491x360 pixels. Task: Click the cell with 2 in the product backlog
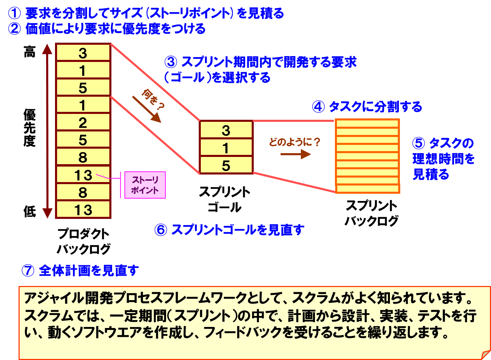pyautogui.click(x=83, y=123)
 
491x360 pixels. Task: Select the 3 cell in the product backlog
pyautogui.click(x=83, y=53)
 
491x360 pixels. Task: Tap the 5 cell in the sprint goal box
pyautogui.click(x=226, y=166)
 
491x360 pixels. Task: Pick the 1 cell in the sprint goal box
pyautogui.click(x=226, y=148)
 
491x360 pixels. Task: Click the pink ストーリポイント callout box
pyautogui.click(x=145, y=185)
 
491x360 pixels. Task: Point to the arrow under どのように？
pyautogui.click(x=295, y=154)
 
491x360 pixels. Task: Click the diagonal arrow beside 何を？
pyautogui.click(x=146, y=109)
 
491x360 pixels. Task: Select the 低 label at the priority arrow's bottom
pyautogui.click(x=30, y=211)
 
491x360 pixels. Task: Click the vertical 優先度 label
pyautogui.click(x=30, y=128)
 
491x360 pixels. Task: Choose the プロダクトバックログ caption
pyautogui.click(x=84, y=241)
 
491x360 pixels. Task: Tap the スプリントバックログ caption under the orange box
pyautogui.click(x=371, y=213)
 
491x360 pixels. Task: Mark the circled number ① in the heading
pyautogui.click(x=14, y=13)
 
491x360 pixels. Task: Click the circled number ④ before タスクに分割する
pyautogui.click(x=318, y=107)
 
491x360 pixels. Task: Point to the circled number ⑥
pyautogui.click(x=161, y=230)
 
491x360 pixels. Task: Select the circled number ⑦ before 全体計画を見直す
pyautogui.click(x=28, y=271)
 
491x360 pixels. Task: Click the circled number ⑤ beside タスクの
pyautogui.click(x=418, y=143)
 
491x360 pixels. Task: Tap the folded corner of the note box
pyautogui.click(x=485, y=354)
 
